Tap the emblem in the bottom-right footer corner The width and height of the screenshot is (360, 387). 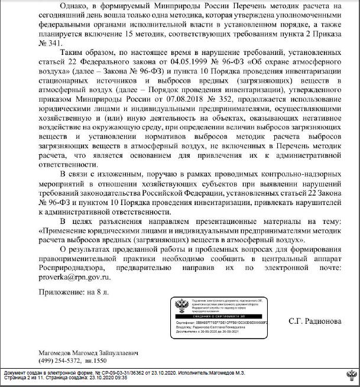[349, 375]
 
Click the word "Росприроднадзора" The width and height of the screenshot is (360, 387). [72, 266]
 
